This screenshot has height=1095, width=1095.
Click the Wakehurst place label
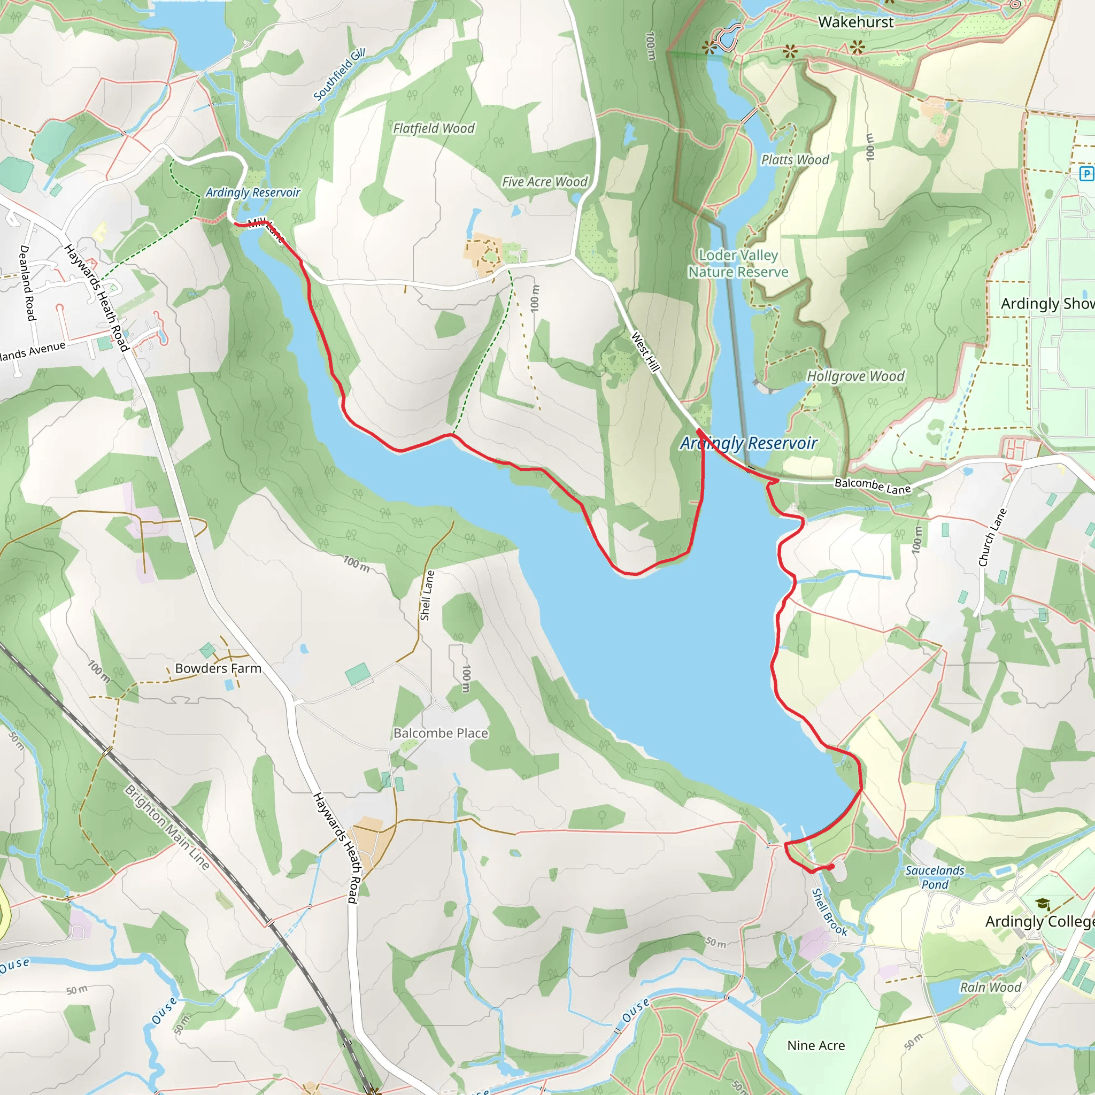coord(856,22)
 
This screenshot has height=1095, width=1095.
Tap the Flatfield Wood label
coord(434,129)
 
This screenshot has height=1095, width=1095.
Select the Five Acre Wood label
coord(544,182)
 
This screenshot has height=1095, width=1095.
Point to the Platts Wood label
coord(795,160)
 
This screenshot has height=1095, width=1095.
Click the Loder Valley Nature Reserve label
coord(738,264)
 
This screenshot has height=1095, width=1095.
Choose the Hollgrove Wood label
coord(855,376)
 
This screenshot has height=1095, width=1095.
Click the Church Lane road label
coord(992,537)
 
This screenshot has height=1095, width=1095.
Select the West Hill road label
coord(645,352)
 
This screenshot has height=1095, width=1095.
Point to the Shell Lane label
coord(427,595)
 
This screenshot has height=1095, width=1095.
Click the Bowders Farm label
coord(218,668)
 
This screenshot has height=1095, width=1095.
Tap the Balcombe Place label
coord(441,734)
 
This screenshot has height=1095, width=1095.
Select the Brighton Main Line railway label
coord(167,828)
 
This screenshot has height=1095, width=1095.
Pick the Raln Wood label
coord(990,988)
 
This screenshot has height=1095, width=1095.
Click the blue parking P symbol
coord(1086,173)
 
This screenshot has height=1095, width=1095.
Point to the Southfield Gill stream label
coord(339,75)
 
